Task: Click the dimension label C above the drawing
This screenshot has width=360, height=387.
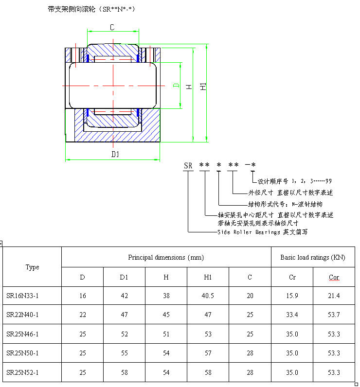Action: (x=112, y=27)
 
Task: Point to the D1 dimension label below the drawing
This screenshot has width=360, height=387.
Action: (x=115, y=155)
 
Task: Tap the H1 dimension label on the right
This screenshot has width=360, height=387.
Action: (x=203, y=87)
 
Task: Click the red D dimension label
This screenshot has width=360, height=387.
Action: (x=176, y=86)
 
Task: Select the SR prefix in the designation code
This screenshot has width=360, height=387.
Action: (x=188, y=165)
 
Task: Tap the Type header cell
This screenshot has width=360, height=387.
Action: (x=32, y=267)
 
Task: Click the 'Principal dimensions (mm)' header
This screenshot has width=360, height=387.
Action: (x=166, y=257)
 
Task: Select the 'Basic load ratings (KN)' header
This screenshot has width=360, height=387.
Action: (x=313, y=257)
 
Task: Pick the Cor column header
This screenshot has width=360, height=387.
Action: (x=334, y=277)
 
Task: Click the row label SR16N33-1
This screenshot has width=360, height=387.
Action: (x=22, y=296)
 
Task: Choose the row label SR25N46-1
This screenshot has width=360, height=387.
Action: (x=22, y=334)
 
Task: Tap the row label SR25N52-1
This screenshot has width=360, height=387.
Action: (x=22, y=372)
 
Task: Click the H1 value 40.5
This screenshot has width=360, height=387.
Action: (x=208, y=296)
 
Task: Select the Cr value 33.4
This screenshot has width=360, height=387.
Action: (x=292, y=315)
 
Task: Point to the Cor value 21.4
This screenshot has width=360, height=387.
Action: (x=334, y=296)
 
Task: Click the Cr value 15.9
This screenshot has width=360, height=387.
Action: (x=292, y=296)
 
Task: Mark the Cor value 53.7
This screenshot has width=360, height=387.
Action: (x=334, y=315)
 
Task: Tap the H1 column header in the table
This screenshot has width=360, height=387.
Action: (x=208, y=277)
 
